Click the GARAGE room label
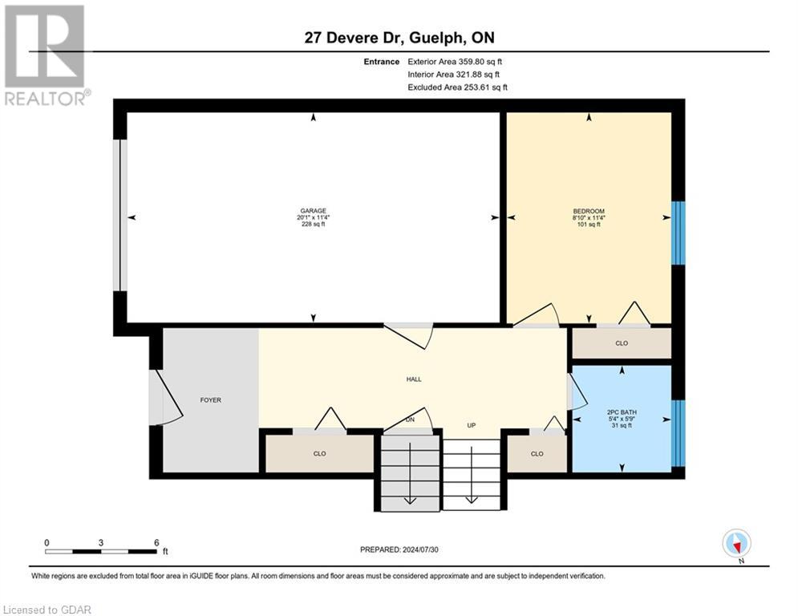click(313, 211)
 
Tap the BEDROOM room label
click(589, 211)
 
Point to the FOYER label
click(210, 399)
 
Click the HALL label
click(414, 379)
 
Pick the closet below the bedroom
click(621, 343)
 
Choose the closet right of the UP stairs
click(537, 454)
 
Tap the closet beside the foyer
click(319, 454)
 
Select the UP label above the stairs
click(472, 425)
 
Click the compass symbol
click(735, 543)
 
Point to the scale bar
click(102, 551)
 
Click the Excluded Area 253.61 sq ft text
click(457, 87)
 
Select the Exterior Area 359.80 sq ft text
click(455, 61)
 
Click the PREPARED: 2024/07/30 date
click(399, 549)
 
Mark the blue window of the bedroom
click(679, 233)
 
